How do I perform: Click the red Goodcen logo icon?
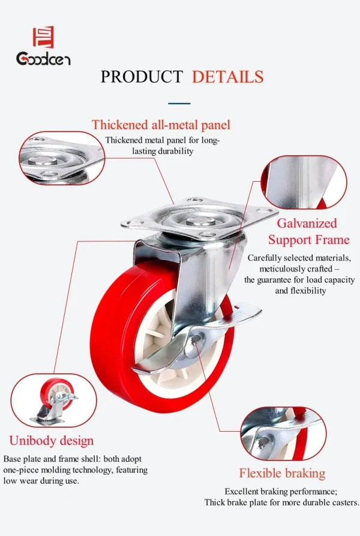click(43, 37)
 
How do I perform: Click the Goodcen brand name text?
click(43, 58)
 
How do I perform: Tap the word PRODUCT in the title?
click(142, 77)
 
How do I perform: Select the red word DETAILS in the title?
click(227, 77)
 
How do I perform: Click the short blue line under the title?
click(179, 103)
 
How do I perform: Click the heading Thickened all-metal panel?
click(161, 125)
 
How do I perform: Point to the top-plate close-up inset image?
click(62, 158)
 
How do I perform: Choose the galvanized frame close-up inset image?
click(304, 182)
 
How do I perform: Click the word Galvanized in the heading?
click(307, 223)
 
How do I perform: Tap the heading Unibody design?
click(52, 441)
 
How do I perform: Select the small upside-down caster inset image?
click(54, 401)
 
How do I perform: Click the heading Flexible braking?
click(283, 473)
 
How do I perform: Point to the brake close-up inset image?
click(283, 433)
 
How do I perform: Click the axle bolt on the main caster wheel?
click(196, 339)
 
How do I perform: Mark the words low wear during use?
click(41, 481)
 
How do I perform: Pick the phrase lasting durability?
click(163, 151)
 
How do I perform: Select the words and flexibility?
click(301, 291)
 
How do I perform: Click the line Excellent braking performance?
click(281, 491)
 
